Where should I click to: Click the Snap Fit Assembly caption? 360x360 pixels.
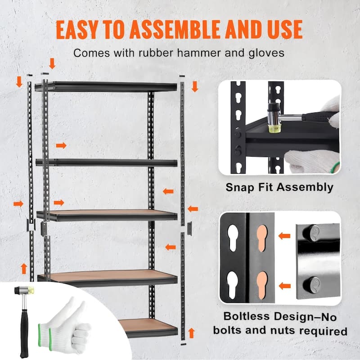[x=279, y=187]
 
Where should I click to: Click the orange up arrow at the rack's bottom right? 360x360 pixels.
[x=191, y=333]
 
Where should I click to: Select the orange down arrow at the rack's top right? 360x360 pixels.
[x=194, y=86]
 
